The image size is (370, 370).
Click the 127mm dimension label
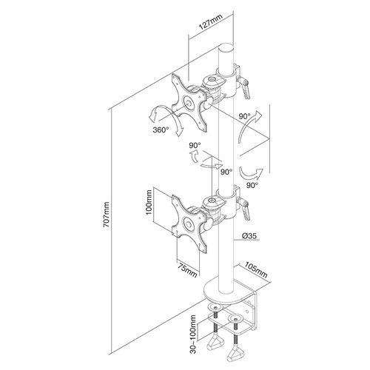click(x=211, y=22)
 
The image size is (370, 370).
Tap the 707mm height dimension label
click(x=107, y=215)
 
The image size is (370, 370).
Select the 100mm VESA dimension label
click(x=149, y=202)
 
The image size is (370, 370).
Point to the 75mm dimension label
click(x=188, y=271)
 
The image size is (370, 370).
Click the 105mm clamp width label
click(x=256, y=269)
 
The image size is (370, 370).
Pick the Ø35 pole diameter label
click(x=249, y=236)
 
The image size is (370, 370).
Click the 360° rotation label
click(x=161, y=129)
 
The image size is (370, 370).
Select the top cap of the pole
click(x=226, y=47)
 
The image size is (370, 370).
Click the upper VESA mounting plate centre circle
click(x=188, y=104)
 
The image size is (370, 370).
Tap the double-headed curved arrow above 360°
click(x=168, y=118)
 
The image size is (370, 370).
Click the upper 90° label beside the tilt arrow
click(x=245, y=116)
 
